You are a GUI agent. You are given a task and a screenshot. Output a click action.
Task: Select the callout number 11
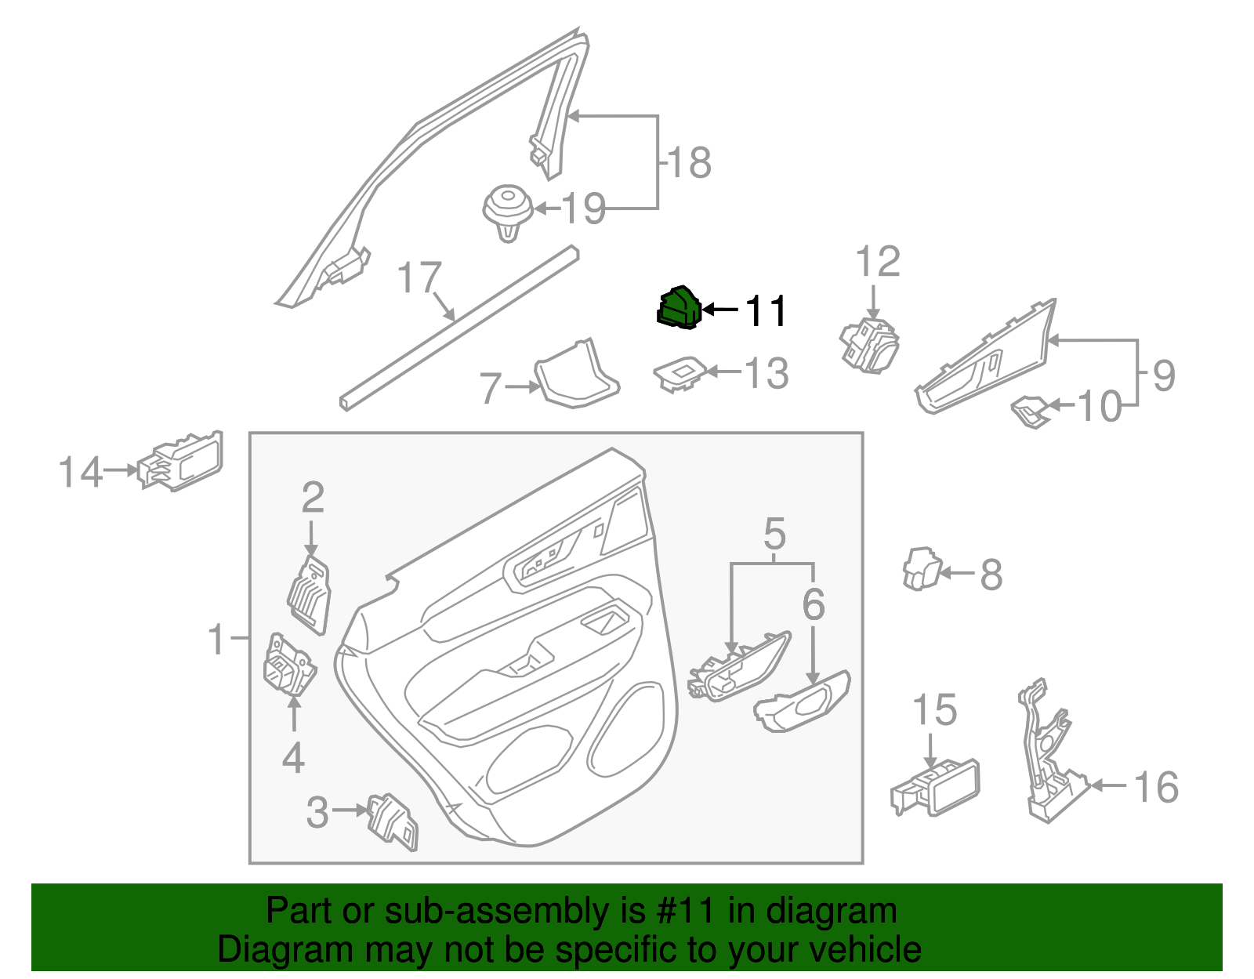point(764,311)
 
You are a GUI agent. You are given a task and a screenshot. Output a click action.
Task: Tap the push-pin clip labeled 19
point(507,211)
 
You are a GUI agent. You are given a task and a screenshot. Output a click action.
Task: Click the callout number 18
point(688,163)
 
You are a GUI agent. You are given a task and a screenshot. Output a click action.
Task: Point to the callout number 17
point(419,278)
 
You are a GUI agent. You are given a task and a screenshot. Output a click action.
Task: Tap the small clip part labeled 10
point(1030,412)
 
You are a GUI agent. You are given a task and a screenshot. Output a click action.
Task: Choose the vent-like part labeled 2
point(310,593)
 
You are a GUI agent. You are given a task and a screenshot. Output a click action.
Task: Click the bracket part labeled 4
point(288,665)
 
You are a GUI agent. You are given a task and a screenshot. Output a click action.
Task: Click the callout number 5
point(774,535)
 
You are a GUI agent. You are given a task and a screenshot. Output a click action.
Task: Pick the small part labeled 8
point(921,569)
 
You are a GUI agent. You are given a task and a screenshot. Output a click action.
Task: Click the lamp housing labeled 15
point(936,788)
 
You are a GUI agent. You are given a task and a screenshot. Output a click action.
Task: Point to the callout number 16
point(1156,787)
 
